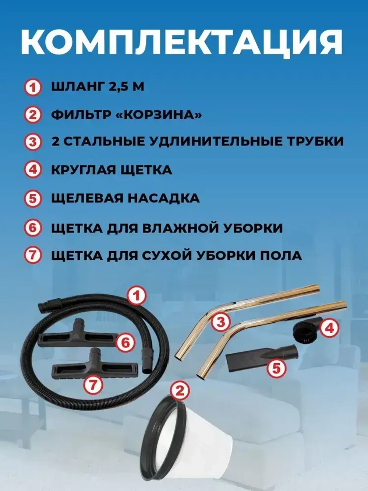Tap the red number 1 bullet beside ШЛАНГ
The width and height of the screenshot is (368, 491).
[33, 88]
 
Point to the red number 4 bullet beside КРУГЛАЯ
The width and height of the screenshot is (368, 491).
[33, 171]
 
